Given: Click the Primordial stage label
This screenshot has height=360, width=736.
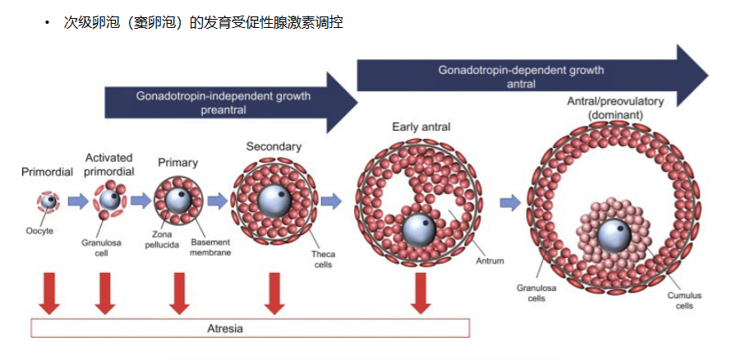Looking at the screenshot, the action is [x=47, y=172].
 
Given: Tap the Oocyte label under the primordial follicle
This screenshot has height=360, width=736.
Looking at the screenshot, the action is [x=39, y=231].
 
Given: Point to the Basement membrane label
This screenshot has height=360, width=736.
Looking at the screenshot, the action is [x=211, y=247].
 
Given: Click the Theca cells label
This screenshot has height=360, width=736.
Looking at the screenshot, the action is [x=324, y=260].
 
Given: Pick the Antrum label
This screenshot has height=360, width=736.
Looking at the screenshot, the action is [x=490, y=261].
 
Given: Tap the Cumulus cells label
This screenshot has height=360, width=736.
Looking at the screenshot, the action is [x=684, y=301].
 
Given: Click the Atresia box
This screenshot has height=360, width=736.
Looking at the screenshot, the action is [x=251, y=328].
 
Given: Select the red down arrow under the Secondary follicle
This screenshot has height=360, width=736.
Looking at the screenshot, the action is [x=274, y=293].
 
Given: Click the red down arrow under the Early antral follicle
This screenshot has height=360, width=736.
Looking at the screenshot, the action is [x=421, y=293].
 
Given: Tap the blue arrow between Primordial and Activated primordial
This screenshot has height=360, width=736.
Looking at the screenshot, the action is [x=78, y=201].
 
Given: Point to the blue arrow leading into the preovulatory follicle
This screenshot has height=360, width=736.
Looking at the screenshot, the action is [x=510, y=202].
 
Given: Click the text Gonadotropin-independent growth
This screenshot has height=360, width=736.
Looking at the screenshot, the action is [x=223, y=96].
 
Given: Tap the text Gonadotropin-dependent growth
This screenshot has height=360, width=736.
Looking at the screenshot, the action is [x=521, y=71].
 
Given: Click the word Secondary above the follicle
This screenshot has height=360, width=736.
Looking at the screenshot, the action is [x=274, y=146].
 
